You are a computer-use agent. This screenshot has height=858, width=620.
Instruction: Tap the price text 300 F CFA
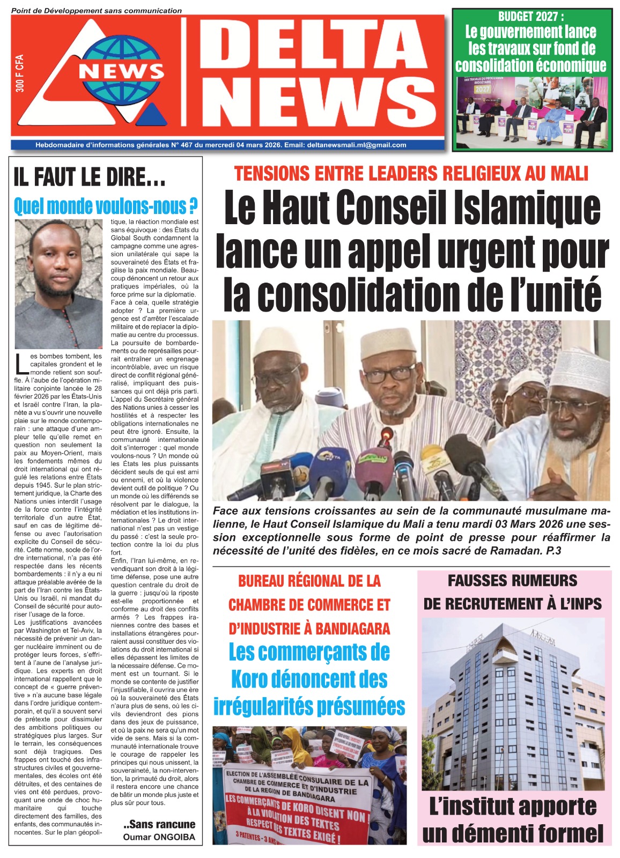(20, 73)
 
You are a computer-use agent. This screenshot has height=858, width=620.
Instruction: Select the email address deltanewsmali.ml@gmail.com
(357, 145)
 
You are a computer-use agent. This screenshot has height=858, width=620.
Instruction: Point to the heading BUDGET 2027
(531, 17)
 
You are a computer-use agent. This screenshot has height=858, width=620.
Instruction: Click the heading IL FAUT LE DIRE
(89, 177)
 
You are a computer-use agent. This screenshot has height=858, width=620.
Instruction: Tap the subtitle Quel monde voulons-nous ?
(106, 206)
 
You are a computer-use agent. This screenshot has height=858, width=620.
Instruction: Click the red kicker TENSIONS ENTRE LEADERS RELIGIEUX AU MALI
(411, 174)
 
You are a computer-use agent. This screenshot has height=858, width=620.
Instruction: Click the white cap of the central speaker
(385, 343)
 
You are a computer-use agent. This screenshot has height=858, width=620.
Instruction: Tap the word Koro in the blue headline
(252, 679)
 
